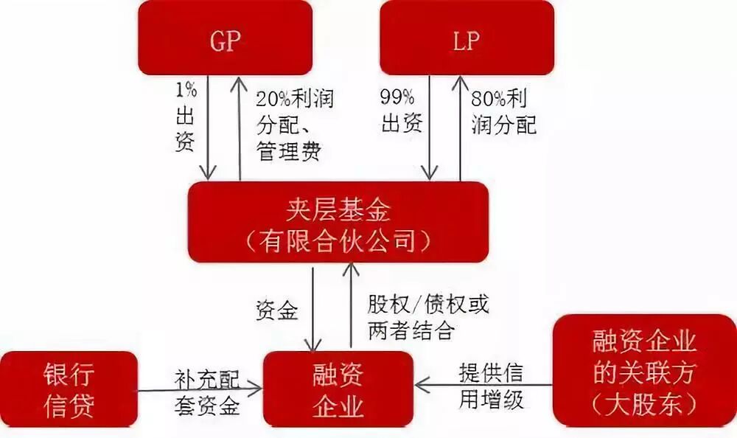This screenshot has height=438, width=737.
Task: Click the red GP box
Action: tap(225, 38)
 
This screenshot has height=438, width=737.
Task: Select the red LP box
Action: tap(466, 38)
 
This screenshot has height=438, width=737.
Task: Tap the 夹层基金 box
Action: tap(338, 222)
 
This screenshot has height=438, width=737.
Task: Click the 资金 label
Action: tap(277, 310)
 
